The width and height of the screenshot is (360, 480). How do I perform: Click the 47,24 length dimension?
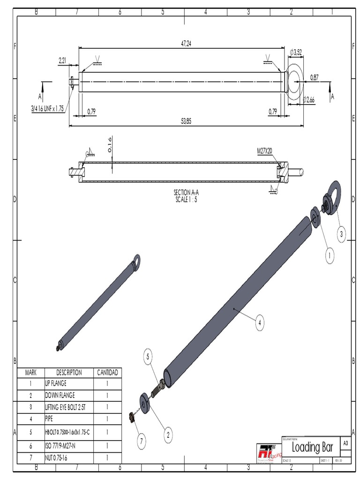pos(186,44)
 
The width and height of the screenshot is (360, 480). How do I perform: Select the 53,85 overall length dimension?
pos(186,121)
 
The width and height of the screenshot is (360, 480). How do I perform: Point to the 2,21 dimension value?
pos(62,60)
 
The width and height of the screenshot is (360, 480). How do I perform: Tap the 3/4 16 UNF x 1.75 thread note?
pos(47,108)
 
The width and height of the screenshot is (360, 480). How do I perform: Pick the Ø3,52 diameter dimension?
pos(297,52)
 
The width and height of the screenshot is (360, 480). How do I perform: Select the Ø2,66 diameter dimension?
pos(309,99)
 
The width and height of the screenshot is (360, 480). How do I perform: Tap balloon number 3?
pos(342,234)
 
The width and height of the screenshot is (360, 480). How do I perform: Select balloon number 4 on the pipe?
pos(260,322)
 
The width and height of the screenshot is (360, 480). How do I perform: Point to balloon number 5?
pos(148,358)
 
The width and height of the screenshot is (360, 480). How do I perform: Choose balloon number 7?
pos(142,440)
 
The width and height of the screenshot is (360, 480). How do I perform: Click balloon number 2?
pos(167,435)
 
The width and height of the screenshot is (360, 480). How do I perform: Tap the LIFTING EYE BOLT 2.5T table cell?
pos(66,407)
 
